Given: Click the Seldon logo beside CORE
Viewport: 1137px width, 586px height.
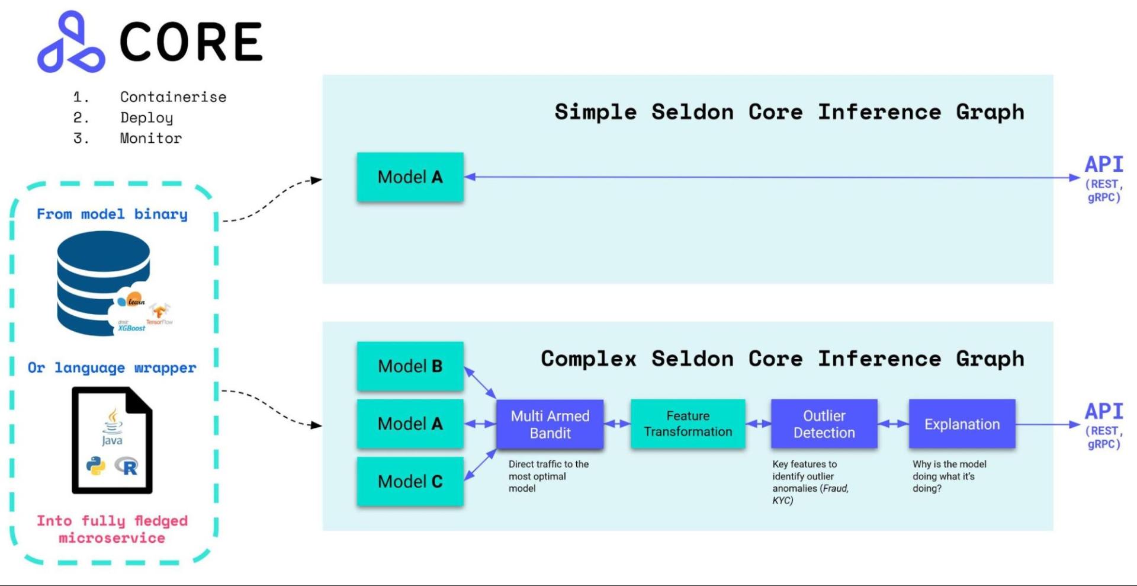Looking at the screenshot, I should [x=71, y=43].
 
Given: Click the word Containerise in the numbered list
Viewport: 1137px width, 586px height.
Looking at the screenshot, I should [x=173, y=97].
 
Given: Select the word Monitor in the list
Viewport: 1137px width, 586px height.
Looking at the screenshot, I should [x=150, y=138].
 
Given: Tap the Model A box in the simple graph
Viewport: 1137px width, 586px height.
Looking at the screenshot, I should [x=410, y=177].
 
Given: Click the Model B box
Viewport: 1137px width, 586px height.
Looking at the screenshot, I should [x=410, y=366].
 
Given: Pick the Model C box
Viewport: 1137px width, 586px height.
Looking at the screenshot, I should [x=410, y=481].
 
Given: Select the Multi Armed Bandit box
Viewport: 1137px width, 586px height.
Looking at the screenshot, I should [x=550, y=424].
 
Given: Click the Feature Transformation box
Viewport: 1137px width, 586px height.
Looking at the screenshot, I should [x=688, y=424].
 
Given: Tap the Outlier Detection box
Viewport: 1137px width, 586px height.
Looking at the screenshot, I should [x=824, y=424].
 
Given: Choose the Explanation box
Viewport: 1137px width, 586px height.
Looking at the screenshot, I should [x=962, y=424].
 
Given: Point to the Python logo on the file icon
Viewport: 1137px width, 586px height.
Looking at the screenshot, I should [x=96, y=466].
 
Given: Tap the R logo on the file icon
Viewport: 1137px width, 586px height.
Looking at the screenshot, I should [x=127, y=466].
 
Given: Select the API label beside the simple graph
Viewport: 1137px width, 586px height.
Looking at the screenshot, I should [x=1103, y=165].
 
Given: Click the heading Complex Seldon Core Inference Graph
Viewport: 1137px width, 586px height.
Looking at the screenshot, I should [x=782, y=359].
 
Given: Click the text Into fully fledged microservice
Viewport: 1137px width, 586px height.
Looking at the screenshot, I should [x=112, y=529].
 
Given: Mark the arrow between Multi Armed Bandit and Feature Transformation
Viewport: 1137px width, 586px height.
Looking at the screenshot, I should [x=617, y=424].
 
